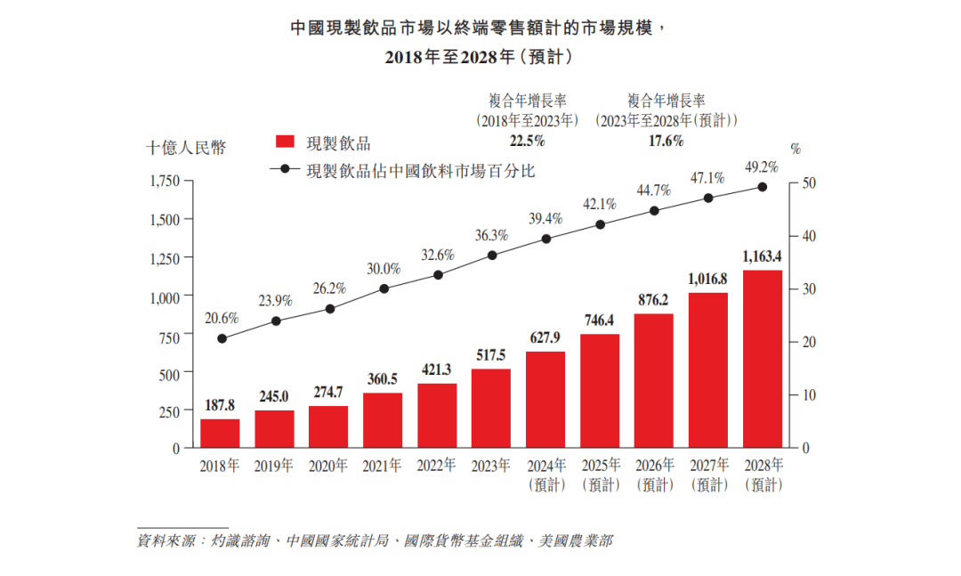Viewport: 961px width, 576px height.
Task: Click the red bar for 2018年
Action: [220, 433]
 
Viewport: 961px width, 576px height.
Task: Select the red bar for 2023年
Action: [491, 408]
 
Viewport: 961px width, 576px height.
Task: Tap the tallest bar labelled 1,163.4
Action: [763, 359]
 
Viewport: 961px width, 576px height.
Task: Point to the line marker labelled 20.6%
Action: [222, 338]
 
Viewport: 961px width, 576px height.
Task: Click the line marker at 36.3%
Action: [492, 256]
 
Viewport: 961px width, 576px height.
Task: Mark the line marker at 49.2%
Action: [763, 187]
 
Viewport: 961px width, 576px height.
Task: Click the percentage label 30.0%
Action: [384, 269]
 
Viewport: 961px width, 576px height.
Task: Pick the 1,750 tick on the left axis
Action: [164, 182]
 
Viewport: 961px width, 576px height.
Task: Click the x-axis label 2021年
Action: [383, 466]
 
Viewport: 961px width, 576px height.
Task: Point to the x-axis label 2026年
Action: [654, 466]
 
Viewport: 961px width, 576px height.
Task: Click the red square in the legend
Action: [285, 143]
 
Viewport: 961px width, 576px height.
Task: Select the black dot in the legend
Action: [285, 169]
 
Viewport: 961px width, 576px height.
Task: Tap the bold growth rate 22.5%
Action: [527, 141]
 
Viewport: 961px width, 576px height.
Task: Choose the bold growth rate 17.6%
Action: [666, 141]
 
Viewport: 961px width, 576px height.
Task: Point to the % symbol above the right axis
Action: [795, 149]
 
